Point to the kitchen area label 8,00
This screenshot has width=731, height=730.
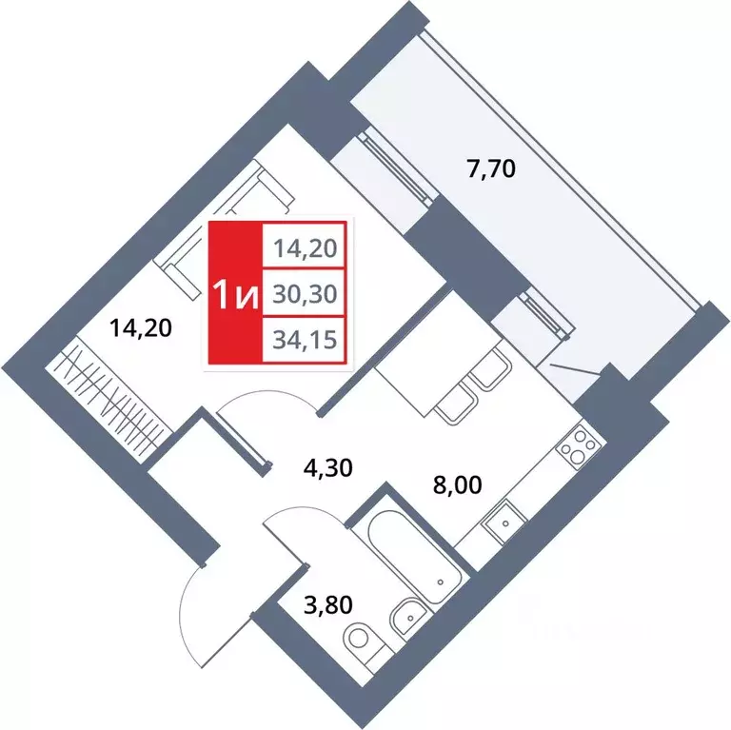[x=458, y=485]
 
